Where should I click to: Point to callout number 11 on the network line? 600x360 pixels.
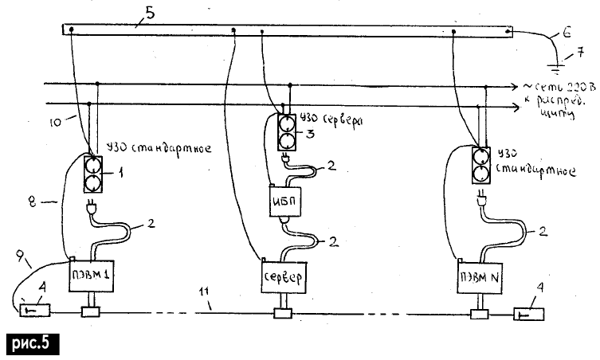pos(206,303)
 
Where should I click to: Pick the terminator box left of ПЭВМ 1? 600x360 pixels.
pos(32,307)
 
